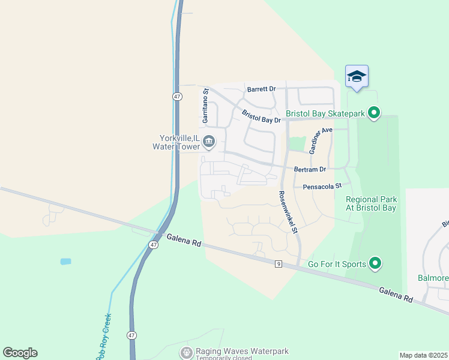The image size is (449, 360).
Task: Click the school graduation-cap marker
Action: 357,76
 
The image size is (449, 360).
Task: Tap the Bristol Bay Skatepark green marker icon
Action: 374,113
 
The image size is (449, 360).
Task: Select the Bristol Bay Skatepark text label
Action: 325,113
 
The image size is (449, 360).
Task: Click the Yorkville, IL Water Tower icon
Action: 209,142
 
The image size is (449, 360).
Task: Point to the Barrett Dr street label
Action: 261,89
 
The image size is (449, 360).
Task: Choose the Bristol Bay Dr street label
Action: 261,116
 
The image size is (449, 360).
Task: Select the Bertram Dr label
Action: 310,170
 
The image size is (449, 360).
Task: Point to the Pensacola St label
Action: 321,186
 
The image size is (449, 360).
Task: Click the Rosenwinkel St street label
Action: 288,212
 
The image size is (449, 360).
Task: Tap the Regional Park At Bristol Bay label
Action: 371,203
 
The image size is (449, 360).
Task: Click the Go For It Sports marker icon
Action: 375,263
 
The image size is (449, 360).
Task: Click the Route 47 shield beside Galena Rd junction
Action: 154,245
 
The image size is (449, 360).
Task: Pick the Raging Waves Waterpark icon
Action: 187,352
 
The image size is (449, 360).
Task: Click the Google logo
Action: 20,352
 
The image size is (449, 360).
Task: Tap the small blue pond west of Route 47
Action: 65,262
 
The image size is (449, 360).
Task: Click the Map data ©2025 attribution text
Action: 423,355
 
